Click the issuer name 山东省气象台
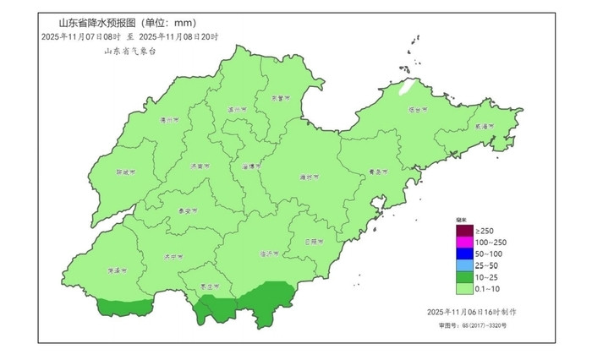(129, 51)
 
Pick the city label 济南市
(200, 166)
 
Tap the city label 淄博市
(247, 166)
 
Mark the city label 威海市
(483, 126)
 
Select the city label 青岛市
(377, 172)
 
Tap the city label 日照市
(315, 242)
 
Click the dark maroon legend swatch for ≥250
(463, 231)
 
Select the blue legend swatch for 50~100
(463, 254)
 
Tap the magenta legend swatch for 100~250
(463, 243)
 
